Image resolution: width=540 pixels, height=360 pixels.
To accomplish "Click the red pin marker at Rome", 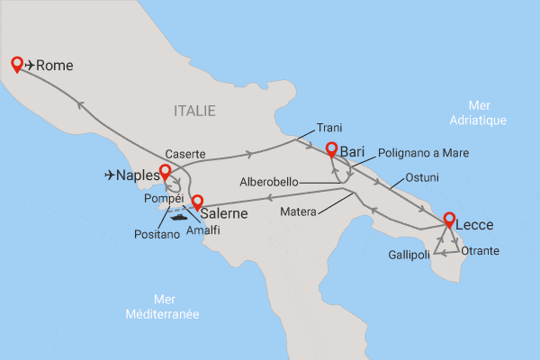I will click(x=16, y=63).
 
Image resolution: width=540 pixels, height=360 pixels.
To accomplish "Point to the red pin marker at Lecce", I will click(x=447, y=218).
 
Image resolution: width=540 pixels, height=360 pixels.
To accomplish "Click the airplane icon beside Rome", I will click(x=31, y=65).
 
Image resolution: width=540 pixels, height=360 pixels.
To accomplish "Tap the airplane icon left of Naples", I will click(x=112, y=175).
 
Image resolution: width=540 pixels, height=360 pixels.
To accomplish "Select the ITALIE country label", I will click(x=194, y=111).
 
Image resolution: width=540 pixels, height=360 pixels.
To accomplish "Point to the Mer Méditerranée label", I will click(x=163, y=307).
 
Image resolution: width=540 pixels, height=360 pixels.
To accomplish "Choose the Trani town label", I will click(x=331, y=128).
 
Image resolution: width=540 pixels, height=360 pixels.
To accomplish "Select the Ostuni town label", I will click(x=422, y=175).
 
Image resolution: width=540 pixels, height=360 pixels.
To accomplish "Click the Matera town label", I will click(x=299, y=213).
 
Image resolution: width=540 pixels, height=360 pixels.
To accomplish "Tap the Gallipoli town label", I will click(x=409, y=255).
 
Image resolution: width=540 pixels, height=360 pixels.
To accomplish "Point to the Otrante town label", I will click(x=480, y=251).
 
